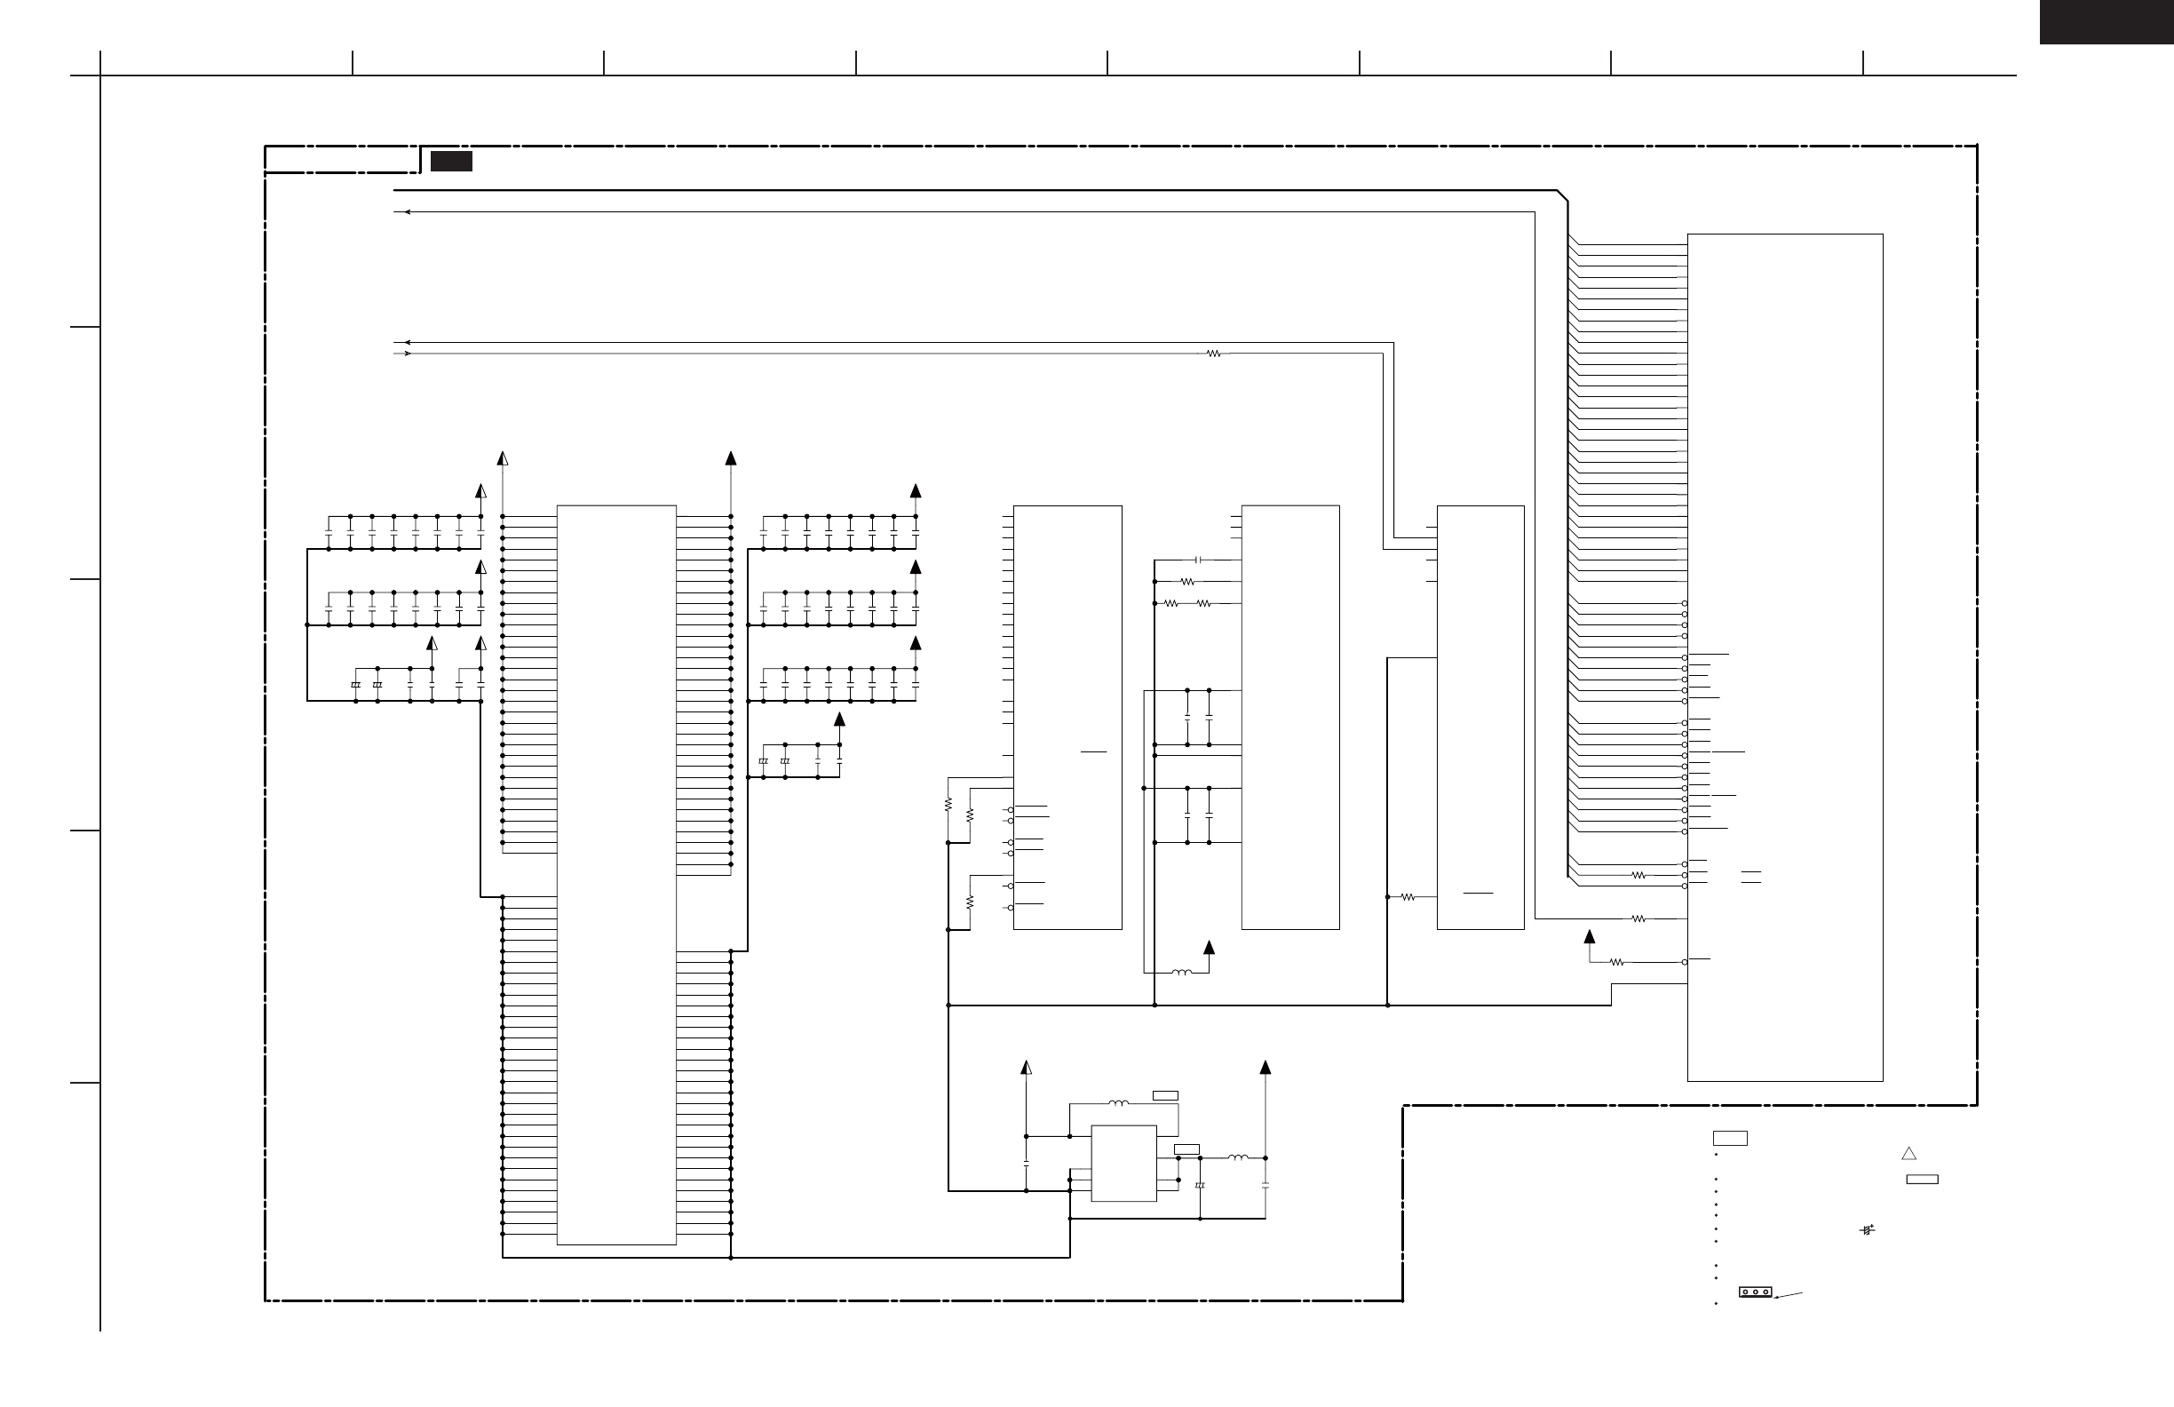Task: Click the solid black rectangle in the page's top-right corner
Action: [2106, 22]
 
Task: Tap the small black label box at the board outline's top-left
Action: [451, 162]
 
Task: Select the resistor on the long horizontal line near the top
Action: [1213, 354]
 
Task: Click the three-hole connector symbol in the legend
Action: [1755, 1292]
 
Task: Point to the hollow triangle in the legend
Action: [1908, 1154]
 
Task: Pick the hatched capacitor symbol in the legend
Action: [1867, 1229]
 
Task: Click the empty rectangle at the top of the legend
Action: [1729, 1139]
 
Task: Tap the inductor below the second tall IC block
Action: [1181, 972]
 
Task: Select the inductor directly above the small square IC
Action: [1118, 1104]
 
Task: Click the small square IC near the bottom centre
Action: [1123, 1163]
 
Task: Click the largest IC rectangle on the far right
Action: [1784, 658]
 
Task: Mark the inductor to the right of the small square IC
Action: [1238, 1157]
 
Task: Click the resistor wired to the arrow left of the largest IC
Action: [1617, 962]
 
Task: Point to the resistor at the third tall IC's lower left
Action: [1408, 897]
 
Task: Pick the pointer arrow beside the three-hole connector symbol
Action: [1788, 1294]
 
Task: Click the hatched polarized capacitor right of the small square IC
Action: [1200, 1186]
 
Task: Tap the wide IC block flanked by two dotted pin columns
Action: [616, 874]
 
